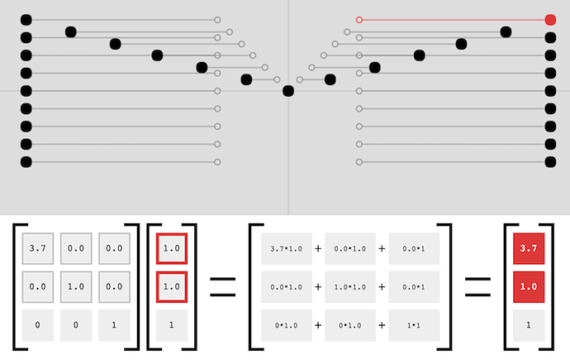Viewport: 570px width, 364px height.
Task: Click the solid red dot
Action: pos(550,19)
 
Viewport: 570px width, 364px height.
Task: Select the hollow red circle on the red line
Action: pos(359,19)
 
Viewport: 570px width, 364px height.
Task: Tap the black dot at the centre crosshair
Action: pos(287,91)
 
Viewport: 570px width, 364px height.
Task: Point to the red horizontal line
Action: pos(454,19)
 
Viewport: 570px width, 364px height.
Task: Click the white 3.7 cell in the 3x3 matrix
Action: pos(37,247)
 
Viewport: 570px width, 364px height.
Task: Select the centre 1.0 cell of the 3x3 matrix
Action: pos(76,285)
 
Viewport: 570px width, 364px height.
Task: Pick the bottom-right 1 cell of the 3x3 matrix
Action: pos(114,324)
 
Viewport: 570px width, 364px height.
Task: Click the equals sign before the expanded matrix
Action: pos(222,285)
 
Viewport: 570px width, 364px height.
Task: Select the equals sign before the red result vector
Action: pos(476,285)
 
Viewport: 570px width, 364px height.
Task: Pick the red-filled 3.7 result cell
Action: pos(528,247)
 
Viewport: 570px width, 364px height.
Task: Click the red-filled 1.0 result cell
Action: pos(528,285)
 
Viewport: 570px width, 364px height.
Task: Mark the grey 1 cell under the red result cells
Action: pos(528,324)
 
